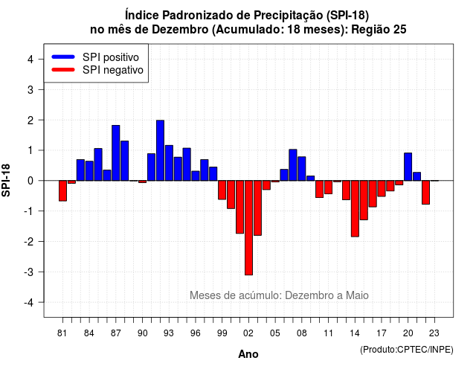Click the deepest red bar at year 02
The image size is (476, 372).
click(248, 228)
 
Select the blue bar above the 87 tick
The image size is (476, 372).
click(116, 153)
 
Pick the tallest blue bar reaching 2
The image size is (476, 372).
click(161, 150)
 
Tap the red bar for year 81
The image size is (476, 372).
click(62, 190)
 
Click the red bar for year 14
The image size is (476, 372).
click(355, 208)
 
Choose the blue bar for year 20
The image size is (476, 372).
click(408, 167)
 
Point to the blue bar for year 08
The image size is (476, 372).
click(302, 169)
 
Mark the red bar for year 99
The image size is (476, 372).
click(222, 190)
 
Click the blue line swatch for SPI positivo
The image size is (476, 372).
click(63, 57)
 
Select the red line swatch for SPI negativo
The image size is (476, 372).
click(63, 69)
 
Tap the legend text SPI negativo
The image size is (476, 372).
click(112, 70)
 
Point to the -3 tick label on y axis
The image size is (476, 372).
click(29, 272)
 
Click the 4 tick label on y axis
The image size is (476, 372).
click(30, 59)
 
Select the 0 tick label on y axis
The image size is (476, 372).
click(30, 181)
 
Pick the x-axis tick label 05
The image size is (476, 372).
click(275, 333)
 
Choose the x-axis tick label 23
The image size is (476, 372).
click(434, 333)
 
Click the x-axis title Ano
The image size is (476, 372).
click(248, 354)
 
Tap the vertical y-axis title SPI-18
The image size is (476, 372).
click(6, 181)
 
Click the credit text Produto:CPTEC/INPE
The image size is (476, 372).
click(407, 350)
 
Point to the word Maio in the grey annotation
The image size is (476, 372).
click(357, 295)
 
